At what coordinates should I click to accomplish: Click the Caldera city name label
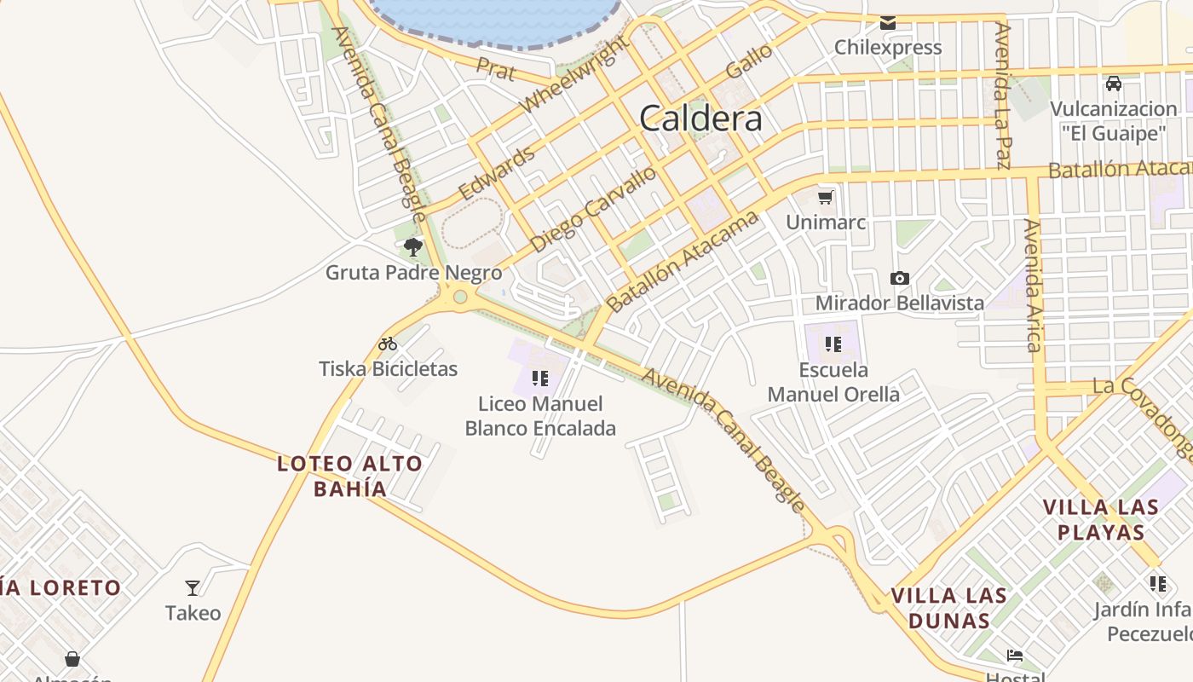700,118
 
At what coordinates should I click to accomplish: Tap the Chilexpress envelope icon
888,23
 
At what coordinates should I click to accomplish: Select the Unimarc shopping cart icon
825,198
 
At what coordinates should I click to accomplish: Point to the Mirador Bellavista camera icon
899,278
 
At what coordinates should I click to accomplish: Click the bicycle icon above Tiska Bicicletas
388,344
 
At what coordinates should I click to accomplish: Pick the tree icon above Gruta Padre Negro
413,247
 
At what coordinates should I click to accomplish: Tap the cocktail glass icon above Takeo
193,587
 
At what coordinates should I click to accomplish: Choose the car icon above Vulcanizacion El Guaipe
1113,84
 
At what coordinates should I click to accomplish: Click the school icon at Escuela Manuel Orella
833,344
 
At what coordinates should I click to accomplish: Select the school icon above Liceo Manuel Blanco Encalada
539,378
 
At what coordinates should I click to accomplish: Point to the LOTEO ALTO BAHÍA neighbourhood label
349,476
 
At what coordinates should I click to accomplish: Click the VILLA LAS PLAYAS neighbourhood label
1101,519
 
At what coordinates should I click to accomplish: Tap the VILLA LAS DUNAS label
949,607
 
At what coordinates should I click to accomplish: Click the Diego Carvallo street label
593,209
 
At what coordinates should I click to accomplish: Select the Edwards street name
497,172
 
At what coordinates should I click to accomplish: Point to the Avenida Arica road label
1034,286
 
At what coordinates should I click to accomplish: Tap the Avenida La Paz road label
1003,95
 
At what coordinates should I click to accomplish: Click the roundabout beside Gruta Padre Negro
461,297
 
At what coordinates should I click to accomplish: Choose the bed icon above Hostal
1014,656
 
